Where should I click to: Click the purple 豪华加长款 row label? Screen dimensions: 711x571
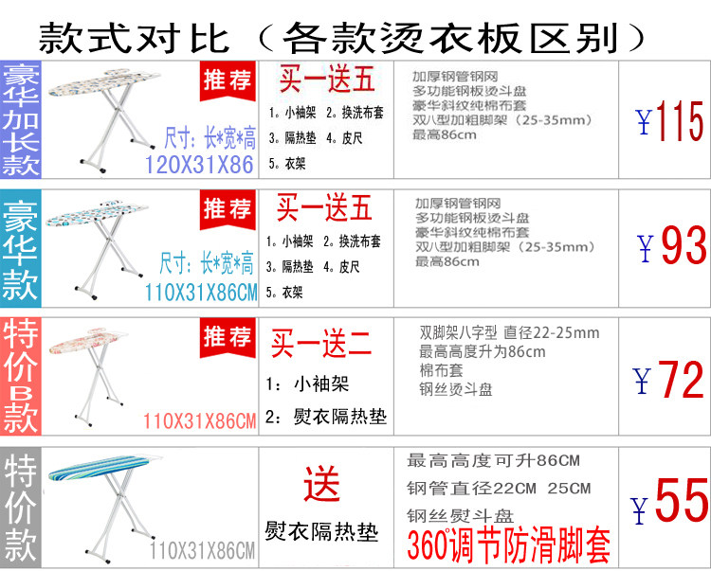coord(21,120)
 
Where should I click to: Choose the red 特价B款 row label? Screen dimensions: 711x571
coord(21,377)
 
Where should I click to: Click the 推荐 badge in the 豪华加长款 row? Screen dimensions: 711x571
coord(228,80)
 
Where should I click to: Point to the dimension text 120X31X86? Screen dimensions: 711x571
coord(199,165)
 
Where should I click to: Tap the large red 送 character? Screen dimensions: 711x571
coord(321,486)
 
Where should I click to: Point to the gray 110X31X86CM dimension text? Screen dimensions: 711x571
coord(202,550)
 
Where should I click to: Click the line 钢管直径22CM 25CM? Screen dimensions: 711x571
coord(499,489)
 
